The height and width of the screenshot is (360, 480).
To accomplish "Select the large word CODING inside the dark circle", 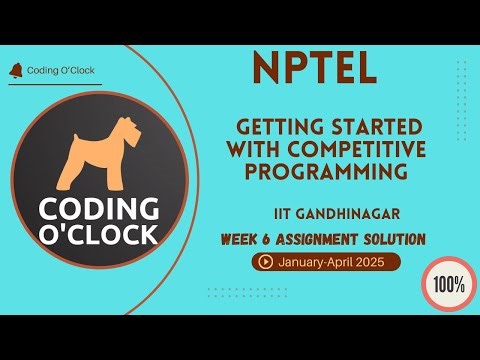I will (99, 209).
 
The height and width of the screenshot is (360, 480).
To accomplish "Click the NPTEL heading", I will (313, 68).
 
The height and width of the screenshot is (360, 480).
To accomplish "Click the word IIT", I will (282, 214).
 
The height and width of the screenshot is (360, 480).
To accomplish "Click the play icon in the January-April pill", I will (265, 262).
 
